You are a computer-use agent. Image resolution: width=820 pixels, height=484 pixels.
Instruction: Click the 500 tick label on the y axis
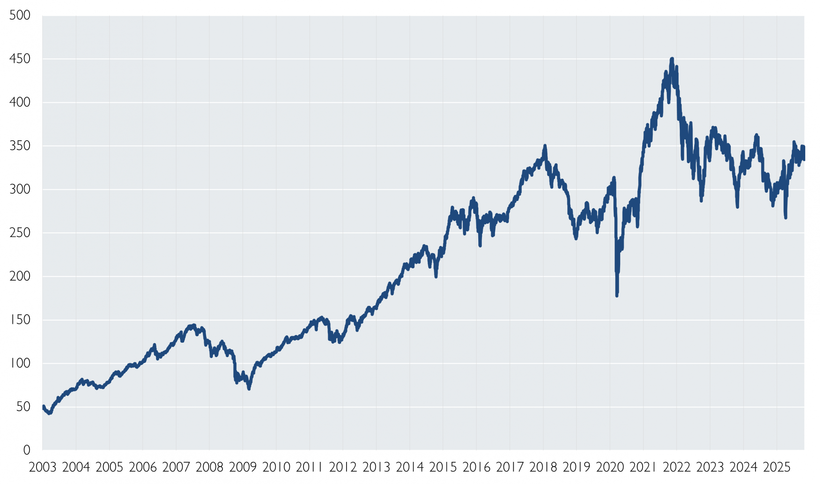point(20,15)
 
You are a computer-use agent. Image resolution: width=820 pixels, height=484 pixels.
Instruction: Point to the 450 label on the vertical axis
point(20,59)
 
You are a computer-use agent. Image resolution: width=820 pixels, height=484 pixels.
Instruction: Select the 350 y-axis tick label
point(20,146)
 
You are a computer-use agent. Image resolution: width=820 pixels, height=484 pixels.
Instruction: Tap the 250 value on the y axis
point(20,233)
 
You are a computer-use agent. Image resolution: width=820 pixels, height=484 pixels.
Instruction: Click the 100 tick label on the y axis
point(20,363)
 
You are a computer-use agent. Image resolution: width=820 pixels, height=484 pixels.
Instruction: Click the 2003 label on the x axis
point(42,467)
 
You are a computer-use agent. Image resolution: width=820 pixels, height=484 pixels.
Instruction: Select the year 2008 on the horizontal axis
point(209,467)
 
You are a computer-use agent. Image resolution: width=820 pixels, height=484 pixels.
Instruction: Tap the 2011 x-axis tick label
point(309,467)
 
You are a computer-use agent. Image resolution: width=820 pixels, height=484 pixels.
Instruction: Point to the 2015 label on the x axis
point(443,467)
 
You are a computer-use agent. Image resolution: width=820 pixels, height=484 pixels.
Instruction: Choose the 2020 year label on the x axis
point(610,467)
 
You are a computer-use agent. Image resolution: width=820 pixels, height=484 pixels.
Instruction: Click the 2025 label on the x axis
point(777,467)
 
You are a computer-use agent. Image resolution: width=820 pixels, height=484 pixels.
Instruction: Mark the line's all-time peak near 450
point(672,59)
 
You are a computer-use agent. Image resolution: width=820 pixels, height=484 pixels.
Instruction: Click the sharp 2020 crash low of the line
point(617,296)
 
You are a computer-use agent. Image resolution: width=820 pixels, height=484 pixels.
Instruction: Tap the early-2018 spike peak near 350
point(545,146)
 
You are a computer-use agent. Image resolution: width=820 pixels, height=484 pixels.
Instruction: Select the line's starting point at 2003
point(43,407)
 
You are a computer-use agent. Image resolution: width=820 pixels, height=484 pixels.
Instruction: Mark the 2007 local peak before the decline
point(194,325)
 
